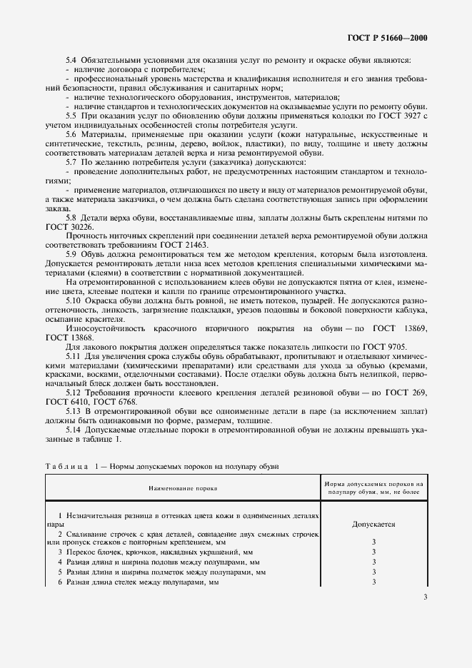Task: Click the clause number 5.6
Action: click(x=71, y=134)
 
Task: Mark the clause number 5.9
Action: click(x=71, y=255)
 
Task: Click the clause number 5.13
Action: click(x=74, y=414)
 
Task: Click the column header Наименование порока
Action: click(x=183, y=488)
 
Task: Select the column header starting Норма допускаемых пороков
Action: click(x=373, y=488)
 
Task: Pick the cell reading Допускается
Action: click(x=373, y=523)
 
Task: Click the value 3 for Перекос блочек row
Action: click(x=373, y=552)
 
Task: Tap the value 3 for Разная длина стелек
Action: click(x=373, y=582)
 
